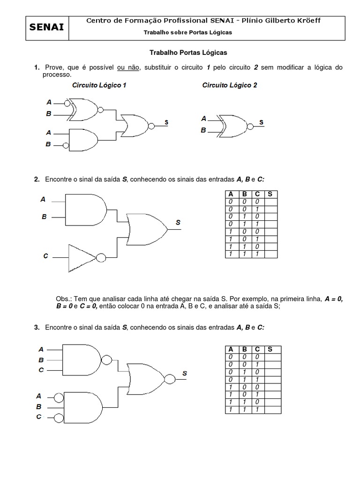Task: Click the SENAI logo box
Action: (46, 28)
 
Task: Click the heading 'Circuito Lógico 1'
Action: (99, 86)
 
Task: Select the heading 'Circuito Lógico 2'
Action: (229, 86)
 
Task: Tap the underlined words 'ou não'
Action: (128, 67)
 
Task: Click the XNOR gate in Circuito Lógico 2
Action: (232, 125)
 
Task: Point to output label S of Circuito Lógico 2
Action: (262, 122)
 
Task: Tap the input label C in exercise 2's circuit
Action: (45, 256)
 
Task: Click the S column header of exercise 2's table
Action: (270, 194)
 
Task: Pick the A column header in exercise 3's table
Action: (231, 349)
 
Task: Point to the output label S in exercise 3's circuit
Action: (185, 373)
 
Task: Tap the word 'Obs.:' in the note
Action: (64, 299)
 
